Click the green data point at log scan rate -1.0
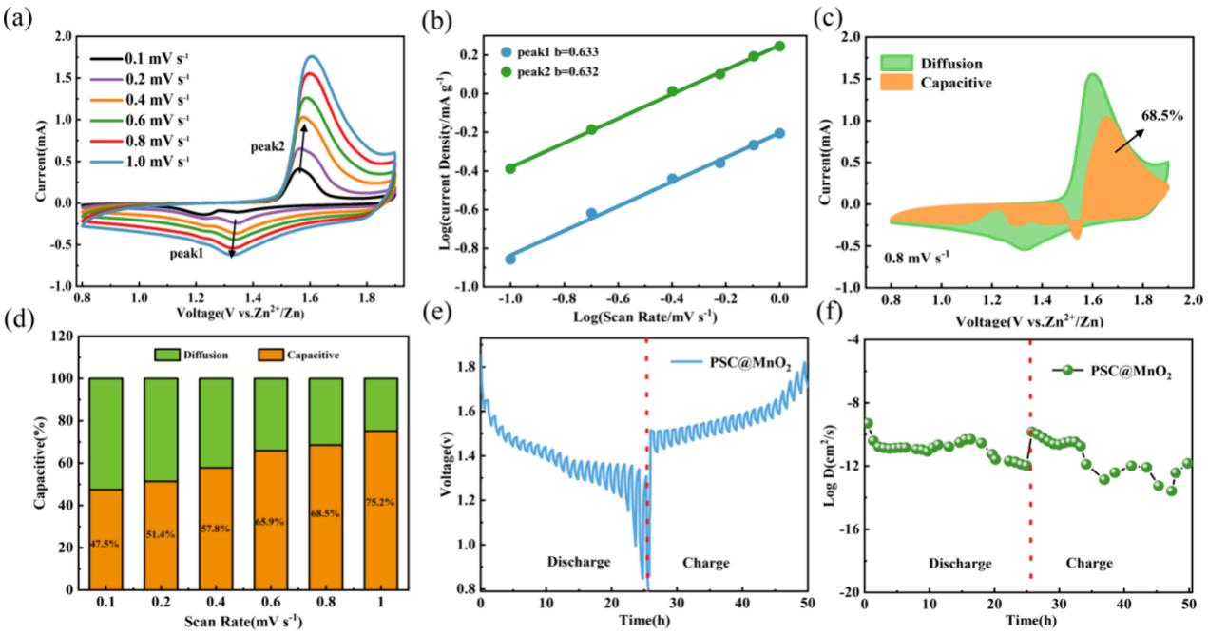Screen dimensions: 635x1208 point(510,168)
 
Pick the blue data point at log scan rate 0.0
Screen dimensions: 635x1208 point(779,133)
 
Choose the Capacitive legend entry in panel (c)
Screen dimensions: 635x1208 point(956,83)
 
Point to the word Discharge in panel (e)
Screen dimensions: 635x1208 point(578,563)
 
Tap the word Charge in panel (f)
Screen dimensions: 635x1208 point(1089,563)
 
